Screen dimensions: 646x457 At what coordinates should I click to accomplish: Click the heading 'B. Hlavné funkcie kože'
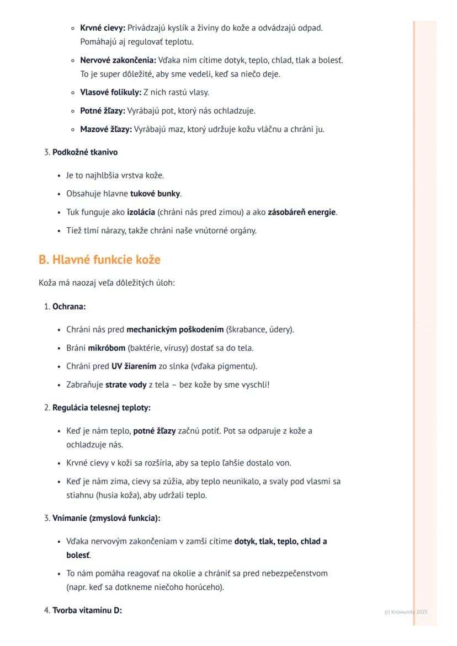pyautogui.click(x=99, y=260)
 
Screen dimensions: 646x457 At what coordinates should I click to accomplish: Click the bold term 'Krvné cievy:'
pyautogui.click(x=103, y=28)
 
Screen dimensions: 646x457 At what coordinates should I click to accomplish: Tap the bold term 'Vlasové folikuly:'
pyautogui.click(x=111, y=93)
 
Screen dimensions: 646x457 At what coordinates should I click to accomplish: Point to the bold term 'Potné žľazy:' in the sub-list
pyautogui.click(x=103, y=111)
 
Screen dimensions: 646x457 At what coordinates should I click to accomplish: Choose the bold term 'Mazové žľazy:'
pyautogui.click(x=106, y=130)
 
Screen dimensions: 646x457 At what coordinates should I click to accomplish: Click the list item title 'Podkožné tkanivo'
pyautogui.click(x=85, y=152)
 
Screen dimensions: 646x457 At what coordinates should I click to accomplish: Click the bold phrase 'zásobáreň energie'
pyautogui.click(x=302, y=212)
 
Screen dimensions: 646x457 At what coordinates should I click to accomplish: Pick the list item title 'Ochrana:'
pyautogui.click(x=69, y=307)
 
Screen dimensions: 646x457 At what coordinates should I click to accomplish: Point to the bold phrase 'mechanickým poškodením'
pyautogui.click(x=175, y=330)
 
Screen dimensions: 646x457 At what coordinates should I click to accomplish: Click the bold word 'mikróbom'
pyautogui.click(x=107, y=348)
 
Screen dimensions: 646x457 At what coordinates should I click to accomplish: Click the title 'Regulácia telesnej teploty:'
pyautogui.click(x=102, y=408)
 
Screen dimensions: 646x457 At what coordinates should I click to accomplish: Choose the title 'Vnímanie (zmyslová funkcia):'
pyautogui.click(x=107, y=519)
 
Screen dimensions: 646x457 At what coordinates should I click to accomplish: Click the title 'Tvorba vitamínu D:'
pyautogui.click(x=87, y=611)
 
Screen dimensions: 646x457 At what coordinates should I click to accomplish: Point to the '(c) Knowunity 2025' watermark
pyautogui.click(x=406, y=612)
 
